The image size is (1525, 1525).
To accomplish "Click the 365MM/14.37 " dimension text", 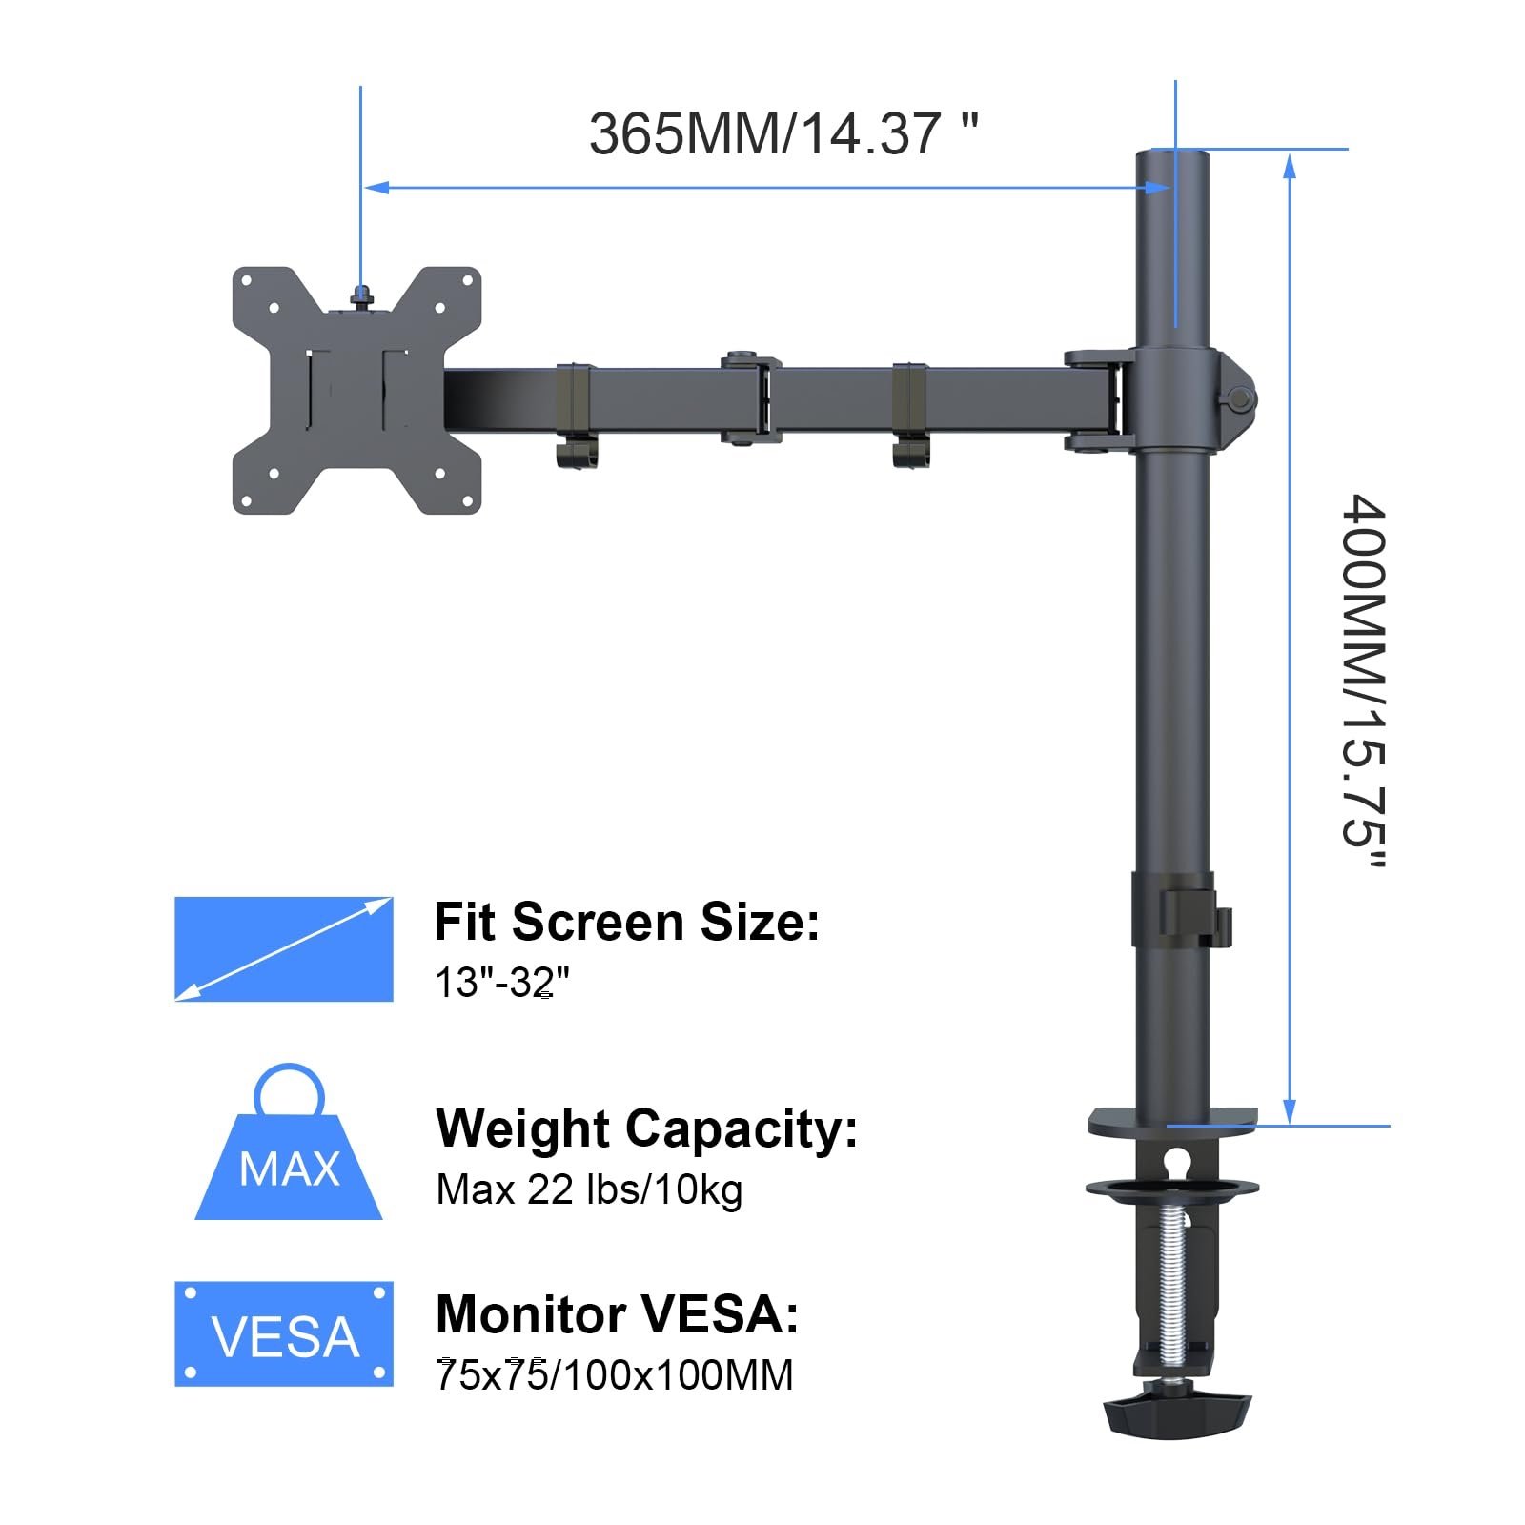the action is (783, 132).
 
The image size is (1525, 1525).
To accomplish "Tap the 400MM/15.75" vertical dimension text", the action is (1363, 681).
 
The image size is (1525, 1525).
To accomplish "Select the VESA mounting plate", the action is (356, 391).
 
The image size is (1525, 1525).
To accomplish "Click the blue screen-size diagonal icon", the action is (284, 948).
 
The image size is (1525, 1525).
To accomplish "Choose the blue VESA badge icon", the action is (284, 1333).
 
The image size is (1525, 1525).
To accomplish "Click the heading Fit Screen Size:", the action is (626, 922).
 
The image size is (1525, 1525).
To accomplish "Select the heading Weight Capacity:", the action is (647, 1129).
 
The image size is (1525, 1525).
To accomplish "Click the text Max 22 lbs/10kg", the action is (589, 1189).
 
